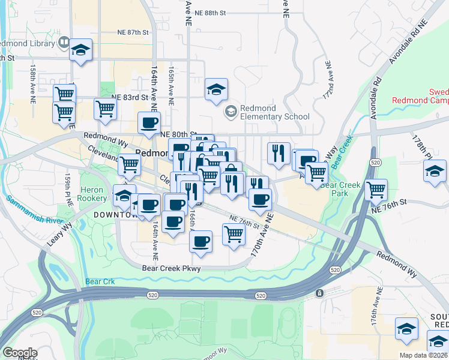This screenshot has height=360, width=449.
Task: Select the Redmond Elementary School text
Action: [274, 112]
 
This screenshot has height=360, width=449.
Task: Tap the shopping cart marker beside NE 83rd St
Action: [105, 109]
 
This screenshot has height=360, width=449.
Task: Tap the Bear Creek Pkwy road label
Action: [172, 269]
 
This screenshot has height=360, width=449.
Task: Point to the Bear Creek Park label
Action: [340, 190]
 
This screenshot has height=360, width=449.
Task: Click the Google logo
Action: [19, 353]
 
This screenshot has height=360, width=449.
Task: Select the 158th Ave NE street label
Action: [34, 79]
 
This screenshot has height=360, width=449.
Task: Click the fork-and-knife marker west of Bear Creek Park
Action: [279, 153]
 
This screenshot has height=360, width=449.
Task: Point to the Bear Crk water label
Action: [99, 281]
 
